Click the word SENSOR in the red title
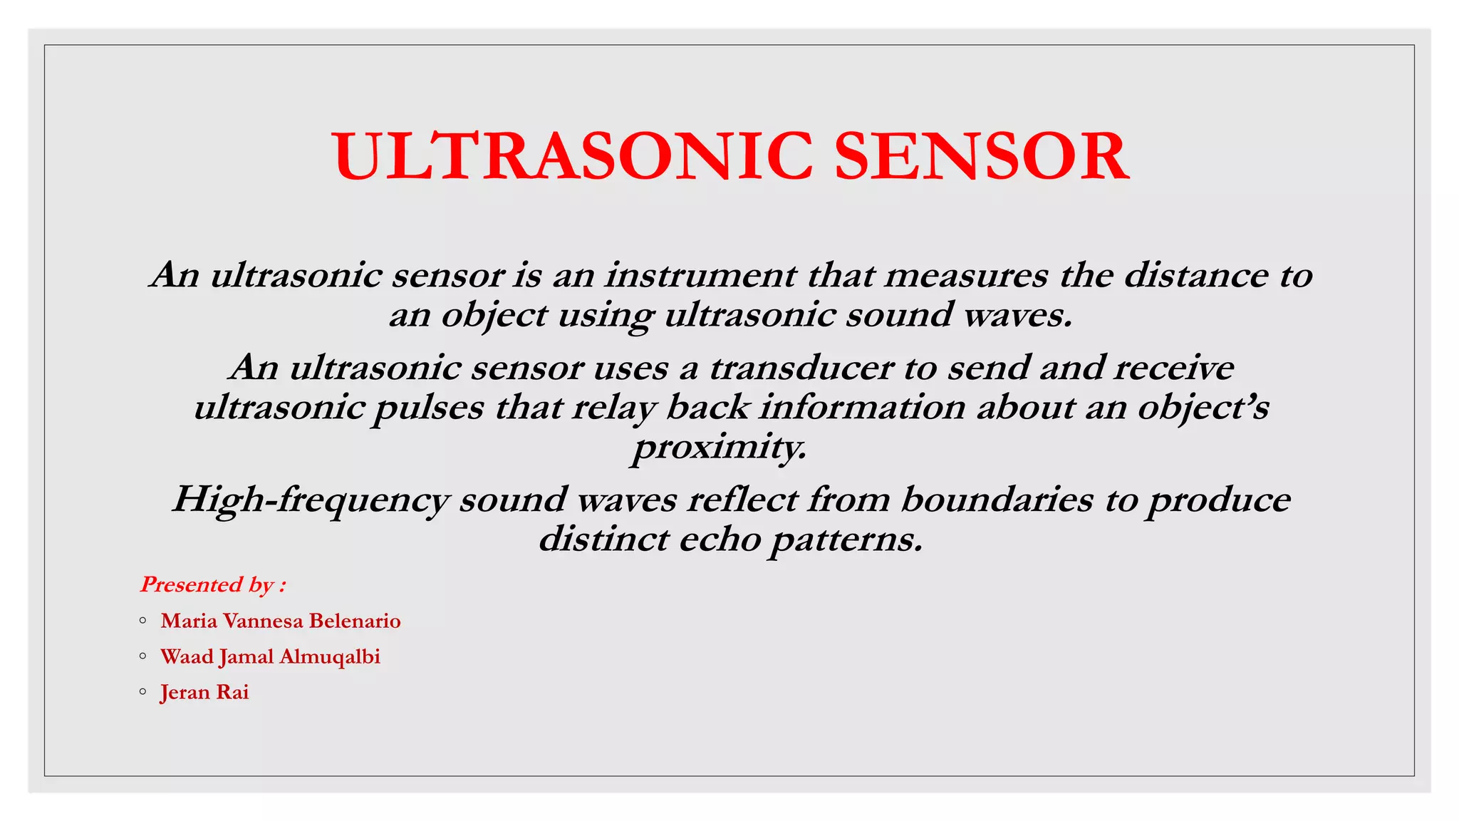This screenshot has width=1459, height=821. tap(981, 156)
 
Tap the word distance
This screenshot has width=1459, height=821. tap(1196, 276)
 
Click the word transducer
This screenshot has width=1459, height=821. tap(801, 368)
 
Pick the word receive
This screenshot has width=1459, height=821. tap(1173, 368)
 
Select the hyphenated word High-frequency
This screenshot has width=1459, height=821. tap(311, 500)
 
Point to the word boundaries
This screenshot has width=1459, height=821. tap(997, 500)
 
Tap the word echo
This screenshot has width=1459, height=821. tap(720, 539)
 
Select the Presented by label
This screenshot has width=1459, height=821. tap(213, 585)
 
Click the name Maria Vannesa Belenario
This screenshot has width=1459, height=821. tap(281, 621)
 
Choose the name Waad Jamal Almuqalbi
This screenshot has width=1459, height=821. tap(270, 657)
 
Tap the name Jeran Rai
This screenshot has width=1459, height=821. tap(204, 693)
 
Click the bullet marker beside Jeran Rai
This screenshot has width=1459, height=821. tap(143, 691)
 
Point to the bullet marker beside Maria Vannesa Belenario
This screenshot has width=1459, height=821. tap(143, 620)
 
